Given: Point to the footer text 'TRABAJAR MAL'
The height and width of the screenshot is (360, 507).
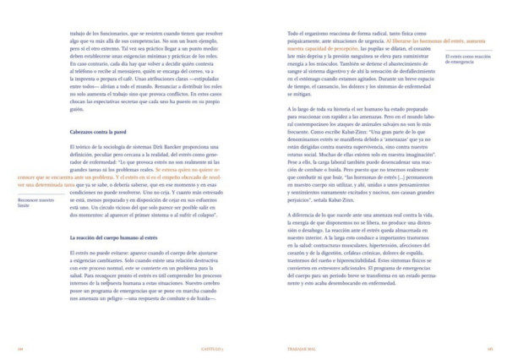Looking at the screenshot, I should pos(294,348).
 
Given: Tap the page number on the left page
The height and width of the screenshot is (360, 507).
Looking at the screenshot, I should pos(19,348).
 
